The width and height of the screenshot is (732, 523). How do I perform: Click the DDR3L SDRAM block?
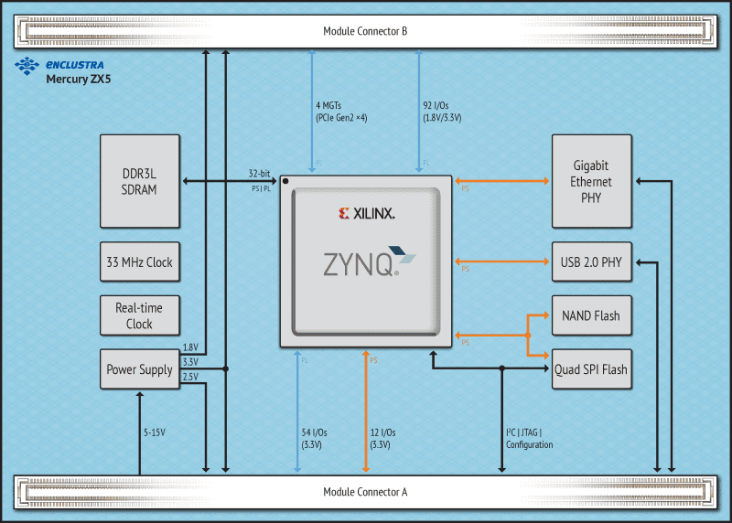(140, 182)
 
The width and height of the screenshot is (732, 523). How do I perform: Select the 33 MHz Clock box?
(140, 262)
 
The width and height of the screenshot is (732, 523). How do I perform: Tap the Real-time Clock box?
(140, 316)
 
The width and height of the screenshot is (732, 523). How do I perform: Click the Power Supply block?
(140, 369)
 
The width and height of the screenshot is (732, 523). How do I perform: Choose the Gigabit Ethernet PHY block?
(591, 182)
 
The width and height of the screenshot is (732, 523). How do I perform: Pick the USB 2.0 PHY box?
(591, 262)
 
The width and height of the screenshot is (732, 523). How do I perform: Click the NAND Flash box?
(591, 316)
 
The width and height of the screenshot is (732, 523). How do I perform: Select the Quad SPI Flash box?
(591, 369)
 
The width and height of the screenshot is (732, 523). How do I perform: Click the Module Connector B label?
(365, 31)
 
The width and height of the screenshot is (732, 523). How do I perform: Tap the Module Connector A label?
(365, 492)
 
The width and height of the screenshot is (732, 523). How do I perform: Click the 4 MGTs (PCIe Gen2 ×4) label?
(341, 111)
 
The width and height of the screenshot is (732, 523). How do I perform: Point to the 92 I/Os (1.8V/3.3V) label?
(442, 111)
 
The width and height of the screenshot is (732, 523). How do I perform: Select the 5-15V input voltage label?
(154, 432)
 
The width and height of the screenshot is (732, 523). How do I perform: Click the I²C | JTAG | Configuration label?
(529, 438)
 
